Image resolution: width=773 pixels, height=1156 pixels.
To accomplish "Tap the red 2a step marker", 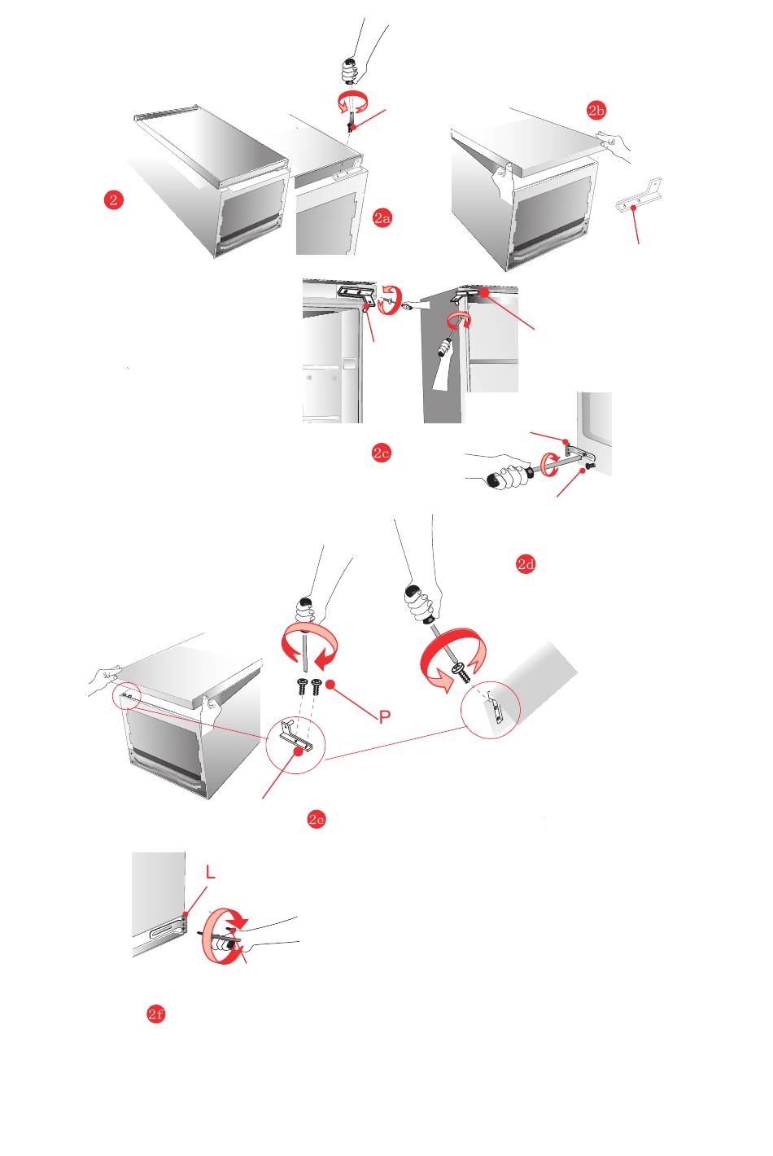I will coord(382,217).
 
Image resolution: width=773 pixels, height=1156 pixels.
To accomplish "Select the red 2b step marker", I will coord(597,111).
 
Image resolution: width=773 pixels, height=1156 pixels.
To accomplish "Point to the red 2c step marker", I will coord(381,453).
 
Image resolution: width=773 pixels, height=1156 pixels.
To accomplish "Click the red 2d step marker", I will coord(526,564).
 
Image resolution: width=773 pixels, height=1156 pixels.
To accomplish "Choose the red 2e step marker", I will coord(317,820).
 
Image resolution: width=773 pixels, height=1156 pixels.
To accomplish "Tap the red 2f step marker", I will coord(156,1014).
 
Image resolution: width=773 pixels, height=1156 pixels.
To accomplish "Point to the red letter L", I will coord(211,873).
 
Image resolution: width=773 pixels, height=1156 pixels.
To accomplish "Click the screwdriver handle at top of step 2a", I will coord(351,70).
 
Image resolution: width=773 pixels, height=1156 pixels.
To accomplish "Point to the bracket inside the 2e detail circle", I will coord(295,737).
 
